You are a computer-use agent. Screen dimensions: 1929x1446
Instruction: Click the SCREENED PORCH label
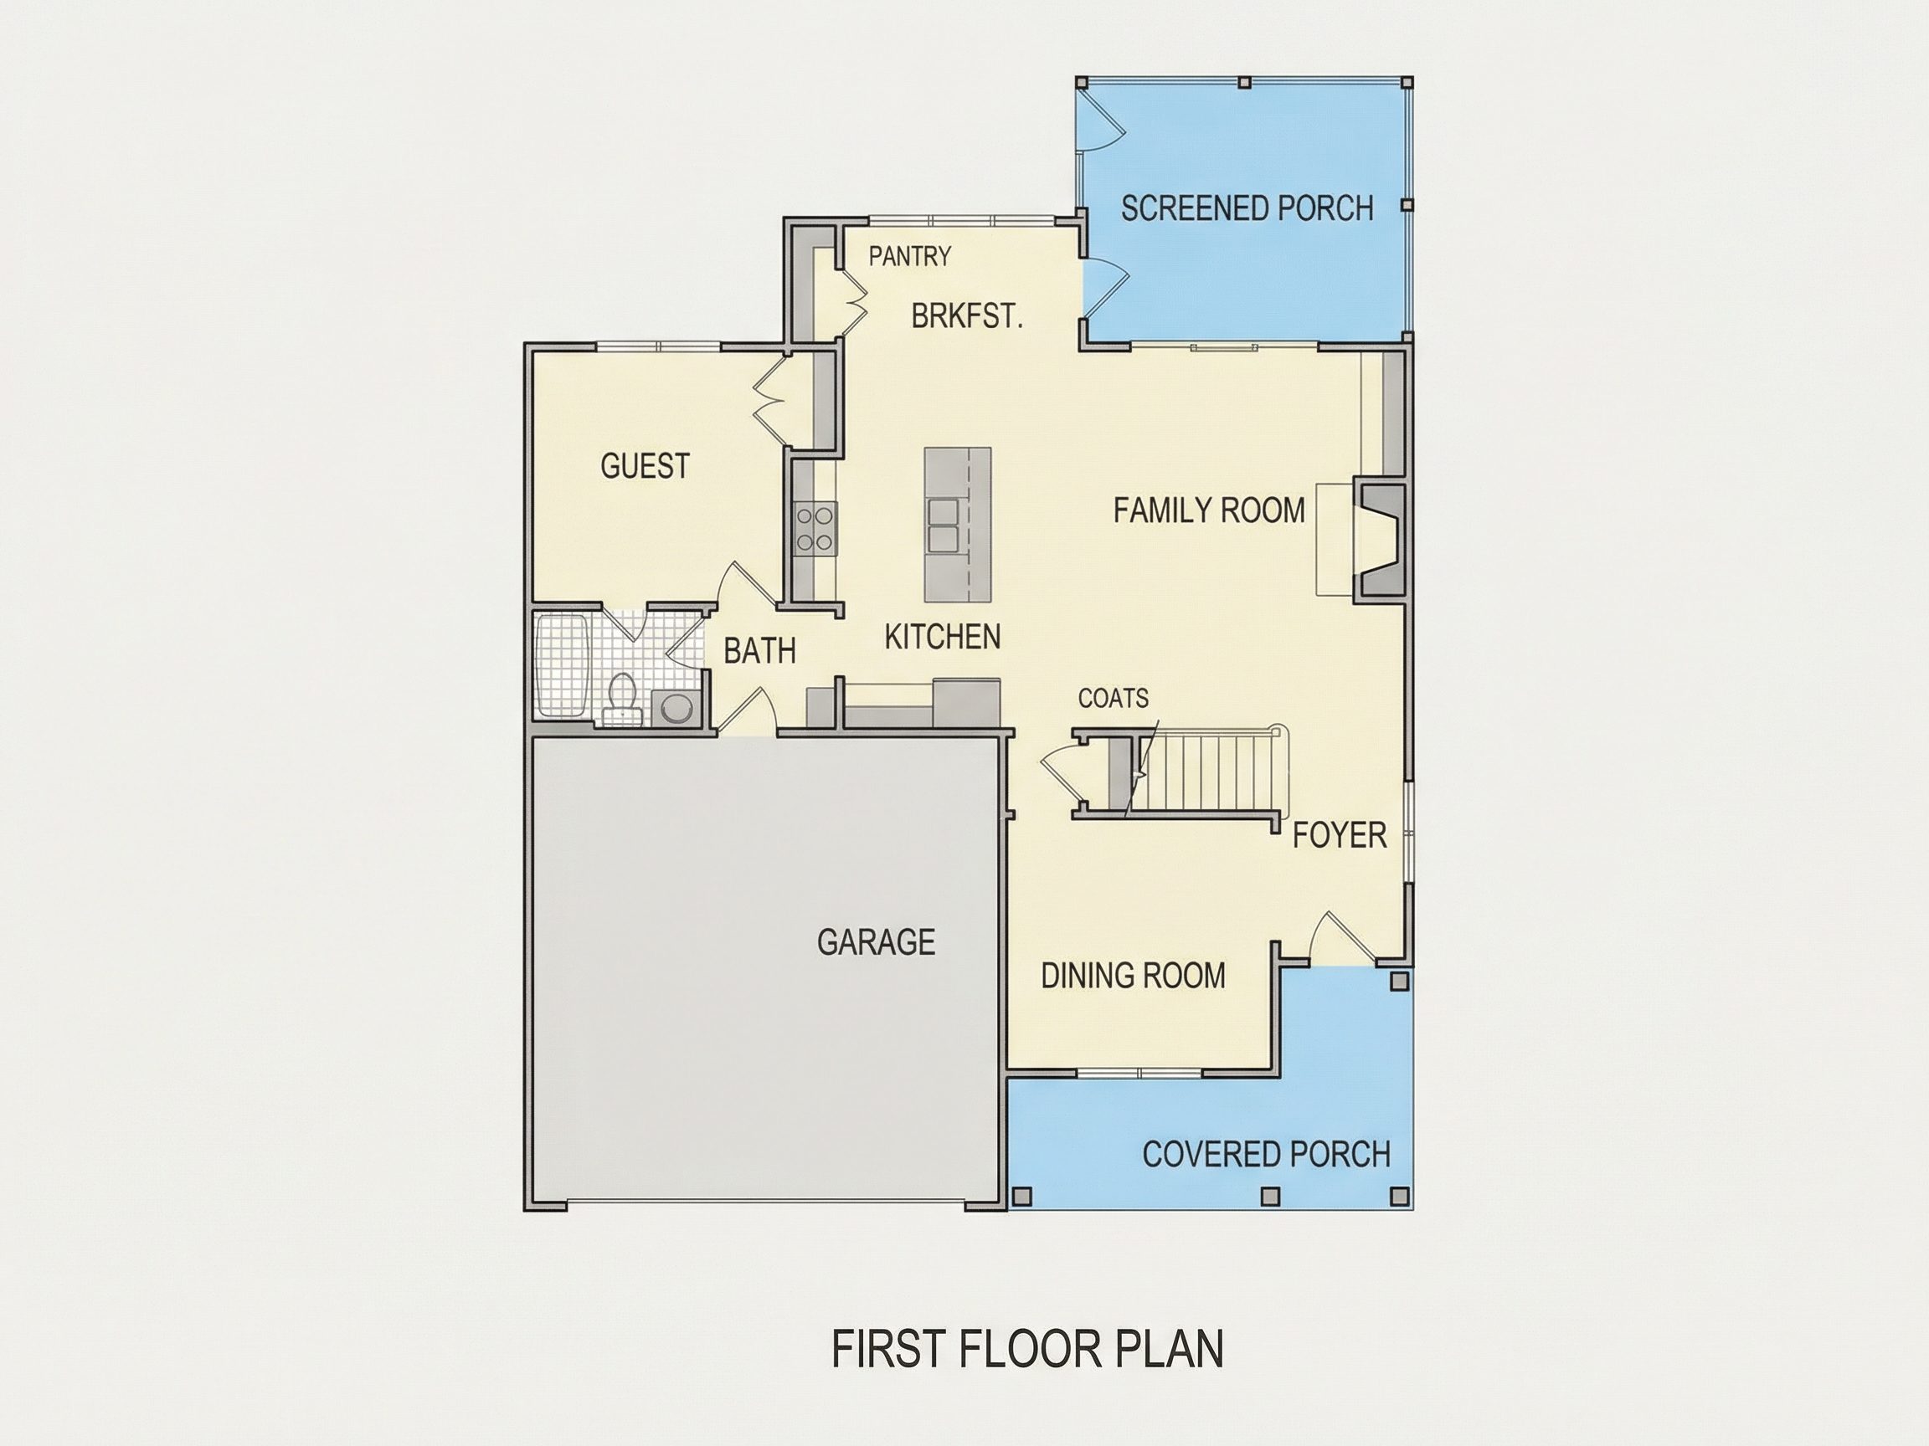(1247, 208)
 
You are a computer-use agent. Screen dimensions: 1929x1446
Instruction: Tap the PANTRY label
(909, 256)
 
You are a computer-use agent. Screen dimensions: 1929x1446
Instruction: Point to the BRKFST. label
(966, 315)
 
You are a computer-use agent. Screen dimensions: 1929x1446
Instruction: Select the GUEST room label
(645, 466)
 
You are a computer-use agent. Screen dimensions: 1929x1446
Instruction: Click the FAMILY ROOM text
(1209, 510)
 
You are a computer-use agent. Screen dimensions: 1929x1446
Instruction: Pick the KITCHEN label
(942, 637)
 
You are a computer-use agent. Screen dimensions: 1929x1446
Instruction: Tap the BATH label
(759, 651)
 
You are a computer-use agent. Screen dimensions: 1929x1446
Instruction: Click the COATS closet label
(1113, 698)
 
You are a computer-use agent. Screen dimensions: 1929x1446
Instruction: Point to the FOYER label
(1340, 835)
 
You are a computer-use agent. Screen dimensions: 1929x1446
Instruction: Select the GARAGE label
(876, 941)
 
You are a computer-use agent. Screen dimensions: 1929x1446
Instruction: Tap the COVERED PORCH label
(1266, 1154)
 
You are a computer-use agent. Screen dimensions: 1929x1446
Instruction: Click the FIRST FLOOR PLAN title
(1027, 1349)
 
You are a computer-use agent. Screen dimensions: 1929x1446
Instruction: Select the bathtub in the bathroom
(563, 666)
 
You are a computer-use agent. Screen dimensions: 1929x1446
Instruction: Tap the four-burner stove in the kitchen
(815, 528)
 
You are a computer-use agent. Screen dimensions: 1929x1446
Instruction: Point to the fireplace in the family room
(1379, 541)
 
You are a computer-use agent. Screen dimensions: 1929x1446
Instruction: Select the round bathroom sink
(675, 707)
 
